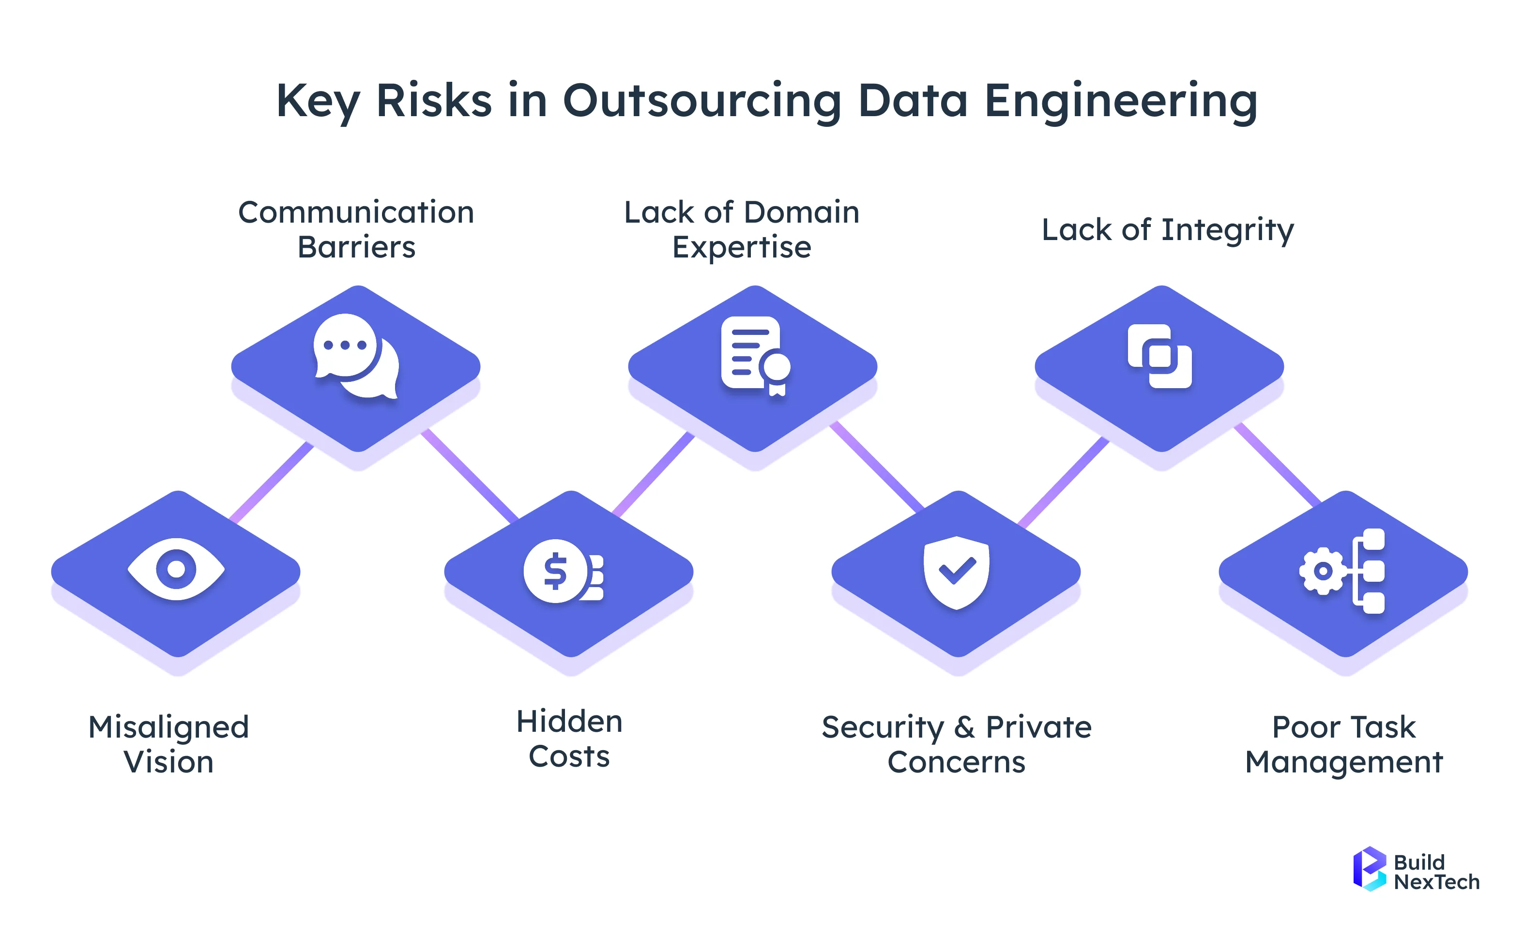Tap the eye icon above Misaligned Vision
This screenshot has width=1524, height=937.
177,569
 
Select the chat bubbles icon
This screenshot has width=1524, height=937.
356,356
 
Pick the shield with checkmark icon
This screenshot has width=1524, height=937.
956,572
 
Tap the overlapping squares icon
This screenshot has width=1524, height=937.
1159,356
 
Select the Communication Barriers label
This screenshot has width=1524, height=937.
356,229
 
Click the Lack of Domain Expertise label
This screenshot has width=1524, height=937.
742,229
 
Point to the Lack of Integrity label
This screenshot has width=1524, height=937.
1168,230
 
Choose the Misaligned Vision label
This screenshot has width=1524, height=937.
168,744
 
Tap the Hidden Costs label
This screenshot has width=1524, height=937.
569,739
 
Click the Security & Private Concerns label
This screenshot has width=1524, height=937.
956,744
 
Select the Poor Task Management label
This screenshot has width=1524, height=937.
1343,744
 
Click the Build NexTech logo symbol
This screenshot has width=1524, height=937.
1369,869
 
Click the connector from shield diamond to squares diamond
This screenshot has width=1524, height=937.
1064,482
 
